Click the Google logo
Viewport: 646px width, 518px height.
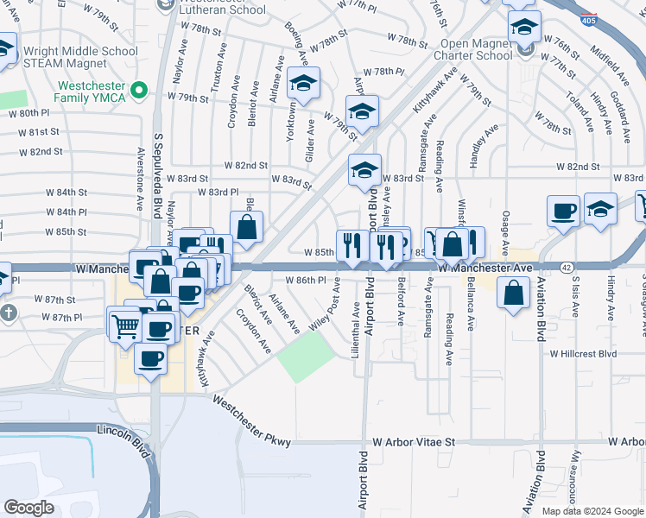[x=29, y=508]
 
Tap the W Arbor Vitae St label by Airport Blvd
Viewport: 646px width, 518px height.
[x=413, y=442]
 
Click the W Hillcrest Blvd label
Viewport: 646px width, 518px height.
[x=583, y=353]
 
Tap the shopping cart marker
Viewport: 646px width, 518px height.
[x=125, y=325]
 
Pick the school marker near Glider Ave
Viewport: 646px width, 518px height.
[x=303, y=85]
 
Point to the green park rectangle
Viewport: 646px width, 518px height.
[x=306, y=356]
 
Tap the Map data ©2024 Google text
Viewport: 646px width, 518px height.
[x=592, y=511]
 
